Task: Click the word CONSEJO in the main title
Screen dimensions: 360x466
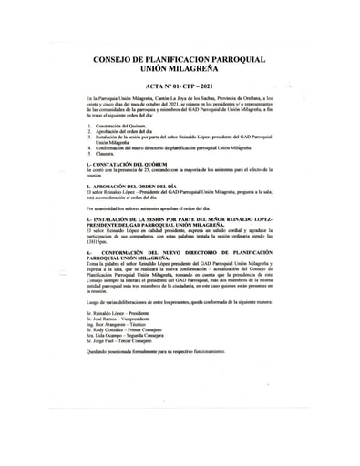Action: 118,59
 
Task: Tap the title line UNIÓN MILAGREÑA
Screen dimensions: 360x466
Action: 179,69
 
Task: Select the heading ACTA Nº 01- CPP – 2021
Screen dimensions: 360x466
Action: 179,84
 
